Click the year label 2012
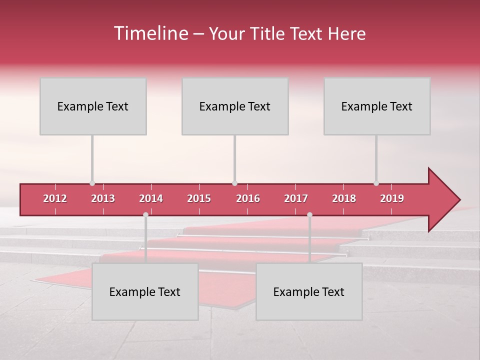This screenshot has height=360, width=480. (55, 198)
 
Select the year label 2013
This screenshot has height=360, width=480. (103, 198)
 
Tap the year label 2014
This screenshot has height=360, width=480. (151, 198)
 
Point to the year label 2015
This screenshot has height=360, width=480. (199, 198)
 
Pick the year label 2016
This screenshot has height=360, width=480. (248, 198)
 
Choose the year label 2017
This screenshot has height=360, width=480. (296, 198)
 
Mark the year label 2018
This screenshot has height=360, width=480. (344, 198)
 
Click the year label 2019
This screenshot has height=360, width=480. (392, 198)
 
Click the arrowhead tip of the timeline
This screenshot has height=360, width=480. (459, 200)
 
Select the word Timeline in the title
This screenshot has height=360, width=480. (150, 33)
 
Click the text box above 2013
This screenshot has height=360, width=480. (93, 106)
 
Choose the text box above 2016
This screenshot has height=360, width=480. (235, 106)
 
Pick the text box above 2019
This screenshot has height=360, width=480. (377, 106)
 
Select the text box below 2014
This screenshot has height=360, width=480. (145, 291)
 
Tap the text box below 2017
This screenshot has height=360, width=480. (309, 291)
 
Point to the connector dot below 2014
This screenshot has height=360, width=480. (145, 214)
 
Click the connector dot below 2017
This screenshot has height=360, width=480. (309, 214)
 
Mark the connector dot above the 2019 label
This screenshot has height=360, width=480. (376, 183)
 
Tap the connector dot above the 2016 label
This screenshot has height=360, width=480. (234, 183)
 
